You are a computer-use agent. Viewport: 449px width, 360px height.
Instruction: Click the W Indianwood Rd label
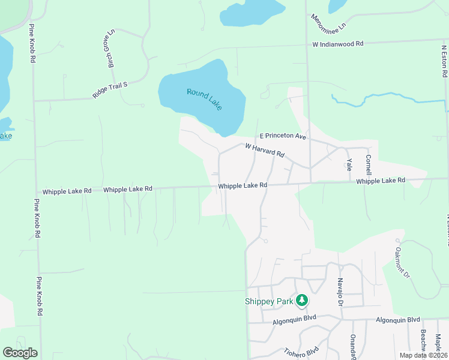tap(338, 44)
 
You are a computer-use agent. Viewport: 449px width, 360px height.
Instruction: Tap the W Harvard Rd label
tap(264, 151)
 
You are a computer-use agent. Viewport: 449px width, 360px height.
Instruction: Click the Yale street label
tap(349, 164)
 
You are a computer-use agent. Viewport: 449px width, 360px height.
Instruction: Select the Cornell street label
tap(369, 164)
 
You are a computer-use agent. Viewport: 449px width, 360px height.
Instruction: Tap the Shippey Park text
tap(269, 301)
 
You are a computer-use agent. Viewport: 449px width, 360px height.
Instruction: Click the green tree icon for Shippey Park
tap(303, 299)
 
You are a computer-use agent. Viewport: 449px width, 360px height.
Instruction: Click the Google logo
tap(20, 352)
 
